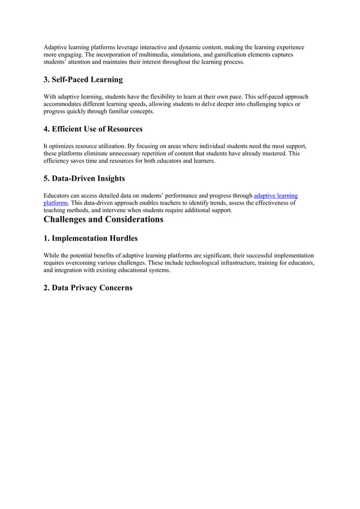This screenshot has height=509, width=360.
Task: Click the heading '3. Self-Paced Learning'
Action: [83, 80]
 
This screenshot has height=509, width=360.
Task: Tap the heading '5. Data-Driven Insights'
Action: [84, 179]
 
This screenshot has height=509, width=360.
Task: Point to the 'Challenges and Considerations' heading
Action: [103, 219]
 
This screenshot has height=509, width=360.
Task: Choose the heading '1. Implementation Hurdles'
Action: [90, 239]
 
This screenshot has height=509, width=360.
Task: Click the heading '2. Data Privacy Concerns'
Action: [88, 288]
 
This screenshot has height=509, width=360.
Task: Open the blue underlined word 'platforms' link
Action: [56, 203]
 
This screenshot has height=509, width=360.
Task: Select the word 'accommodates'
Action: [64, 104]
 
